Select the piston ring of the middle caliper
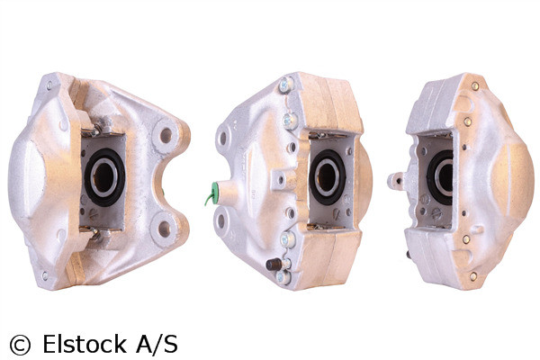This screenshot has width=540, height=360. coord(326,175)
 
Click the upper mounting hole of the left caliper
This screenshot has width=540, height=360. coord(165,138)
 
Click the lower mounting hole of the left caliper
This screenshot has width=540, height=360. coord(164,229)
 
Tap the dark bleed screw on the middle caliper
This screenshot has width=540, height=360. coord(272,265)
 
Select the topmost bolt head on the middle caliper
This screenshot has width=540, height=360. coord(285,85)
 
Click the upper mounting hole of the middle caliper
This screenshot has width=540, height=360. coord(223,139)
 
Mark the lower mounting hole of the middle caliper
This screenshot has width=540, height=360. coord(222,220)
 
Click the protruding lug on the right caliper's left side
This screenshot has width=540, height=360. coord(395,180)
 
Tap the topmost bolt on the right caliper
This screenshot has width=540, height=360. coord(474,86)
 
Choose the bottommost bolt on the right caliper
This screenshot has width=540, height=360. coord(472,275)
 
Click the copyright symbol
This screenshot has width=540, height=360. coord(19,345)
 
